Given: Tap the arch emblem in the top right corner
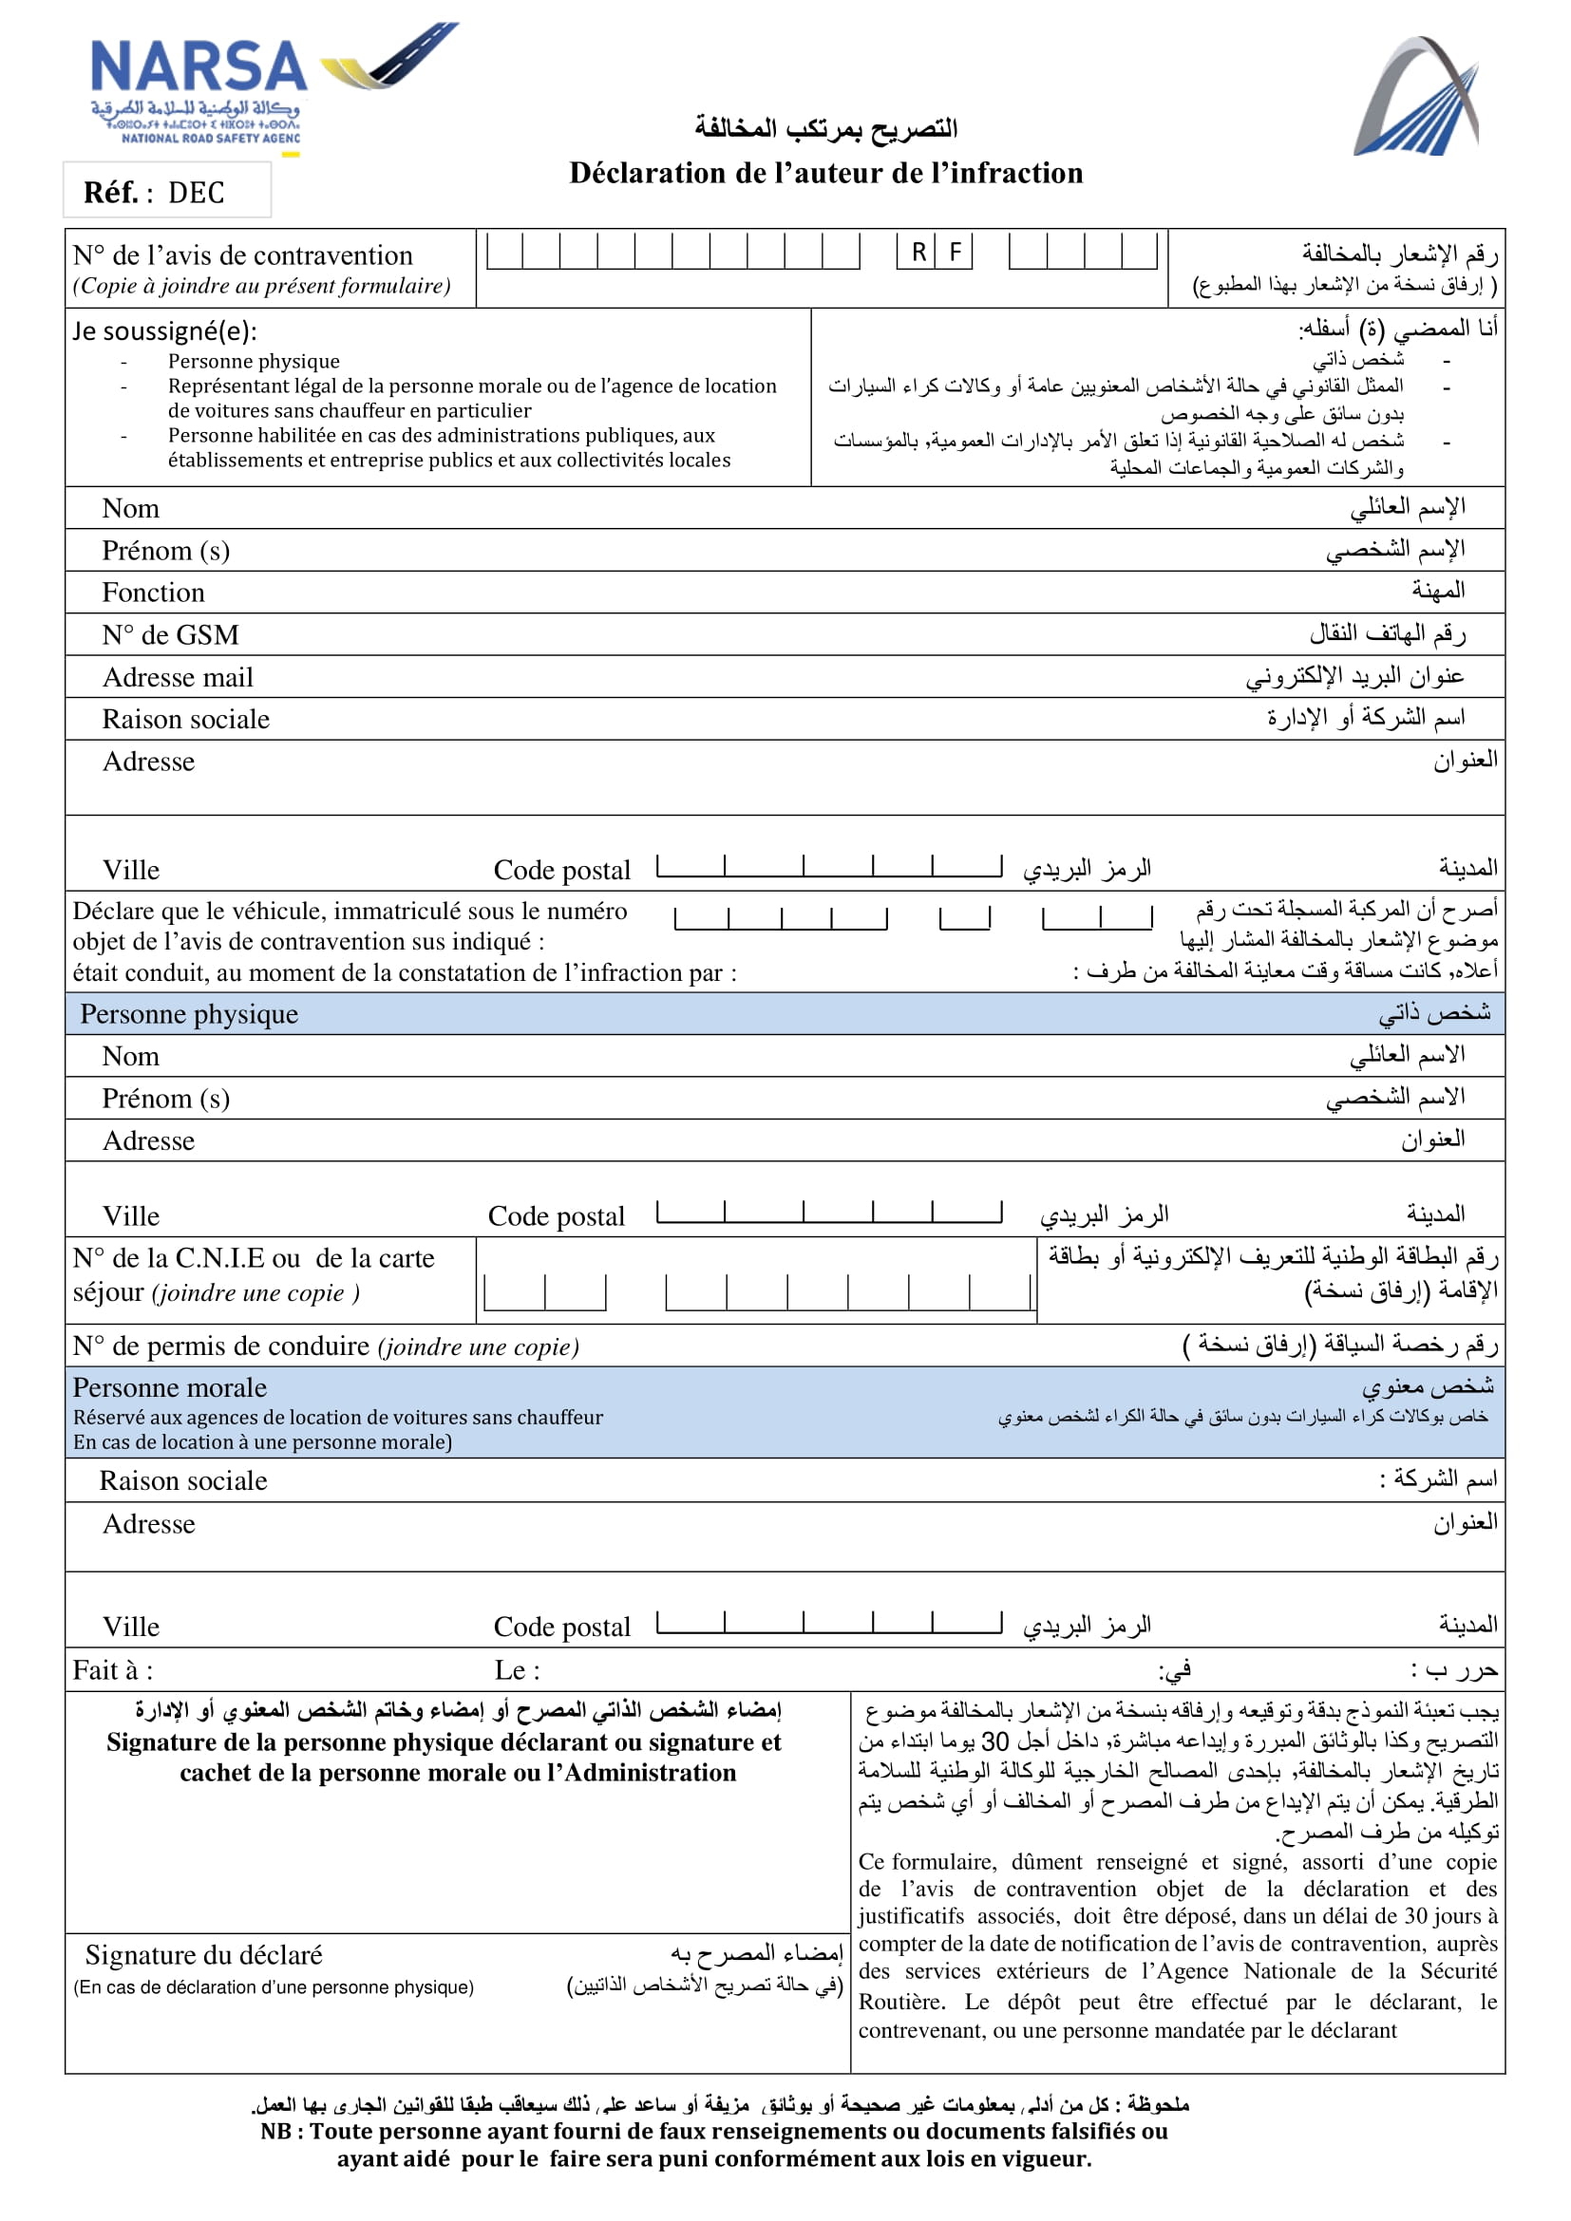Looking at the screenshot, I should (1417, 97).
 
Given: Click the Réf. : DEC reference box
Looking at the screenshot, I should (166, 192).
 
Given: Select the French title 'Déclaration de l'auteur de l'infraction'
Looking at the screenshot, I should (825, 173).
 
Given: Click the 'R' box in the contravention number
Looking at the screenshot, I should (918, 253).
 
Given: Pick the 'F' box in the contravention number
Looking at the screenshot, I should (955, 253).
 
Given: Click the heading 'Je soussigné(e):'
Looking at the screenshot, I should (164, 330).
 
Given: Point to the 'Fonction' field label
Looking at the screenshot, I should (153, 592).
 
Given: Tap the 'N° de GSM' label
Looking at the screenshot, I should (170, 634).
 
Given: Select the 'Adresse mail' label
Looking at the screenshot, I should (178, 677).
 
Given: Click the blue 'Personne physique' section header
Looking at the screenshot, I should (190, 1014).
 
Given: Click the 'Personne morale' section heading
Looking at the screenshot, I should (169, 1387).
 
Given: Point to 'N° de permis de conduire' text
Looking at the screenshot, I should (220, 1346).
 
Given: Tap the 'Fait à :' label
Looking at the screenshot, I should (112, 1669).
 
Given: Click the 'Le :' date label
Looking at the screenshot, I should (517, 1669).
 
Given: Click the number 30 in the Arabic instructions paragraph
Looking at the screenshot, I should (995, 1741).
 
